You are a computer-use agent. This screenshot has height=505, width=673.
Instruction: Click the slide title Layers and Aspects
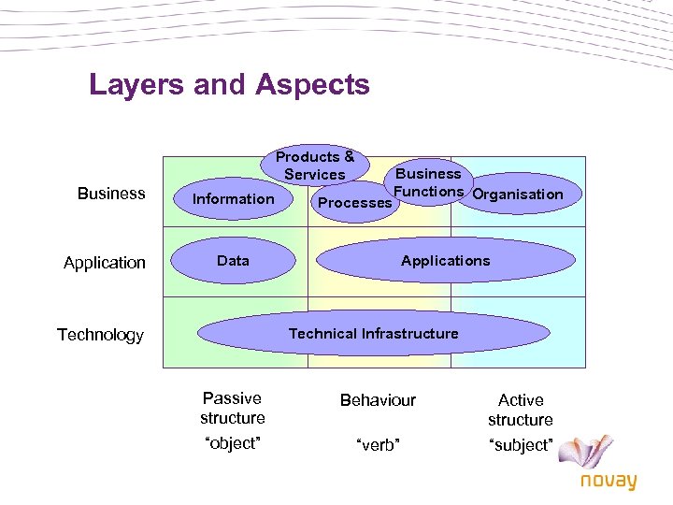click(229, 85)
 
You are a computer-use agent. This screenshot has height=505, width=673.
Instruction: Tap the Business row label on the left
click(111, 194)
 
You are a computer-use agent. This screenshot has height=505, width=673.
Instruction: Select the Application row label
click(105, 263)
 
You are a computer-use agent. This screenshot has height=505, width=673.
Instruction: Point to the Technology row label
click(100, 335)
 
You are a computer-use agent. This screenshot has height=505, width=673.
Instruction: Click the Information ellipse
click(234, 198)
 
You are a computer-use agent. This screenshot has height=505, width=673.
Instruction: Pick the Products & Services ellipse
click(315, 166)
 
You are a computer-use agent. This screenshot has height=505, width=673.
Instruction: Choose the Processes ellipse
click(354, 203)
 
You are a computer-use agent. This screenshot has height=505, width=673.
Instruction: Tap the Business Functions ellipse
click(429, 181)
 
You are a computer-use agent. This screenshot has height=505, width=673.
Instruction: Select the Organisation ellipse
click(518, 195)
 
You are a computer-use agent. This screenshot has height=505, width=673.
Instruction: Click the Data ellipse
click(233, 261)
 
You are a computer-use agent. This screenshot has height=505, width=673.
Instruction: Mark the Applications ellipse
click(445, 261)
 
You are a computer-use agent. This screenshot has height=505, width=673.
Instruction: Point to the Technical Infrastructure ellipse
click(374, 333)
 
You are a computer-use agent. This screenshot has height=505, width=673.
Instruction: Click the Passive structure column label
click(233, 408)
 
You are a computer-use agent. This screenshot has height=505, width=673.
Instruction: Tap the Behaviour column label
click(378, 400)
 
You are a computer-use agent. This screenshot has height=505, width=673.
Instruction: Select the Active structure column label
click(521, 410)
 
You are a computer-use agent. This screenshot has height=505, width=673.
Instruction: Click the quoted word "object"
click(233, 443)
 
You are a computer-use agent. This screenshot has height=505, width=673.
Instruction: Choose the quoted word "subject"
click(521, 445)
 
